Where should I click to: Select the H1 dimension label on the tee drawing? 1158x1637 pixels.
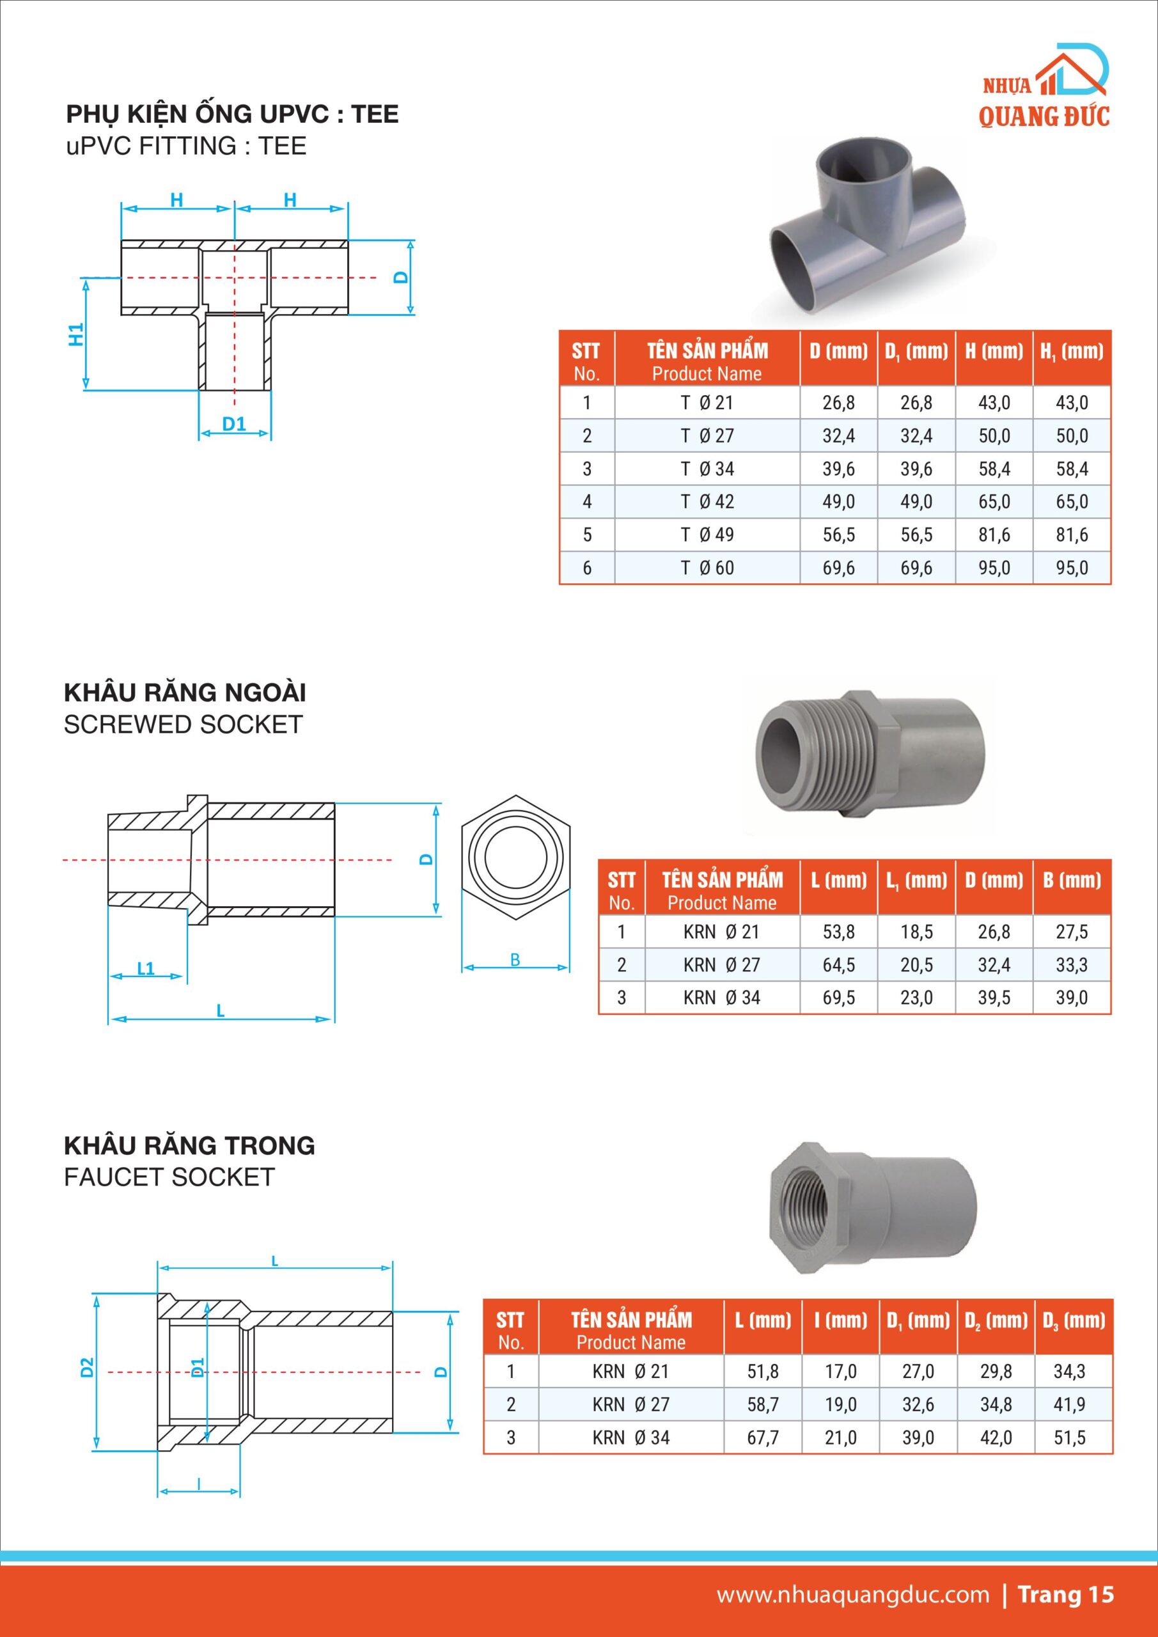click(76, 334)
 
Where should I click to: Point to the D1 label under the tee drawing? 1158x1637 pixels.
click(234, 424)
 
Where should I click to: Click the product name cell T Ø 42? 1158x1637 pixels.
click(707, 502)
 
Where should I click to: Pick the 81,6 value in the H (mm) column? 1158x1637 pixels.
click(994, 535)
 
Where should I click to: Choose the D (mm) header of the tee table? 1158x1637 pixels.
click(838, 352)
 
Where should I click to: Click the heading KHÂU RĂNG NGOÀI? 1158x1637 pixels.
click(185, 693)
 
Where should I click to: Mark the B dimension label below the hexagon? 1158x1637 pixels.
click(515, 960)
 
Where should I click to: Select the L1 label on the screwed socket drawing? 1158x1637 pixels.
click(145, 968)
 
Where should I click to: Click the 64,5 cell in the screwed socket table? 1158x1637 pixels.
click(838, 965)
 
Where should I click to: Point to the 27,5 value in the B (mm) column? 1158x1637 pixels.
click(1072, 932)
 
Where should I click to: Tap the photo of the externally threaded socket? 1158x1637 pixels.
click(870, 755)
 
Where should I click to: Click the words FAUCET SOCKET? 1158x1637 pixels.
click(169, 1177)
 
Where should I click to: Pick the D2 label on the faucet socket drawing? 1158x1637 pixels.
click(87, 1368)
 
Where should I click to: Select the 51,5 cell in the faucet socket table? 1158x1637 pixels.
click(1070, 1437)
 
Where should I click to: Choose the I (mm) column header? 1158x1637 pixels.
click(841, 1321)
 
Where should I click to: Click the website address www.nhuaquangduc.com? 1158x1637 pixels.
click(853, 1595)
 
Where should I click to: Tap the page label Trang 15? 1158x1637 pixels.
click(1065, 1595)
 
